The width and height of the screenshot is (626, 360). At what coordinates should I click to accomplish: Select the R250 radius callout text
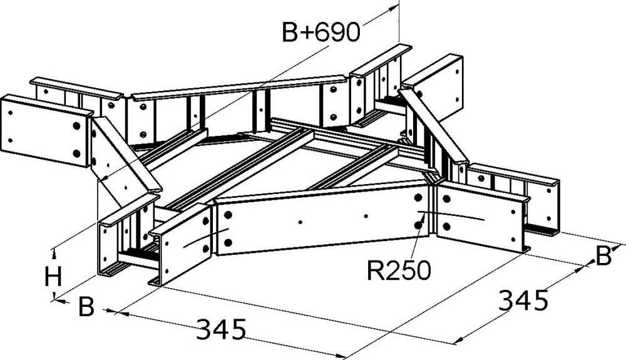[398, 270]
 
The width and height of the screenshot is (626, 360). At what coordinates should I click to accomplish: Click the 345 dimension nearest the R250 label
[523, 301]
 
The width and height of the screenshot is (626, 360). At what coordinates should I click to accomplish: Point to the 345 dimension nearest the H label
[221, 328]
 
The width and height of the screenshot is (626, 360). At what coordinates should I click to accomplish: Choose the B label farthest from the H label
[602, 256]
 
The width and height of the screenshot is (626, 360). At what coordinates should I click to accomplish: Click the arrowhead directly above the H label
[56, 251]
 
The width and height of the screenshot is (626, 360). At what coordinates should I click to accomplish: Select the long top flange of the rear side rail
[238, 88]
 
